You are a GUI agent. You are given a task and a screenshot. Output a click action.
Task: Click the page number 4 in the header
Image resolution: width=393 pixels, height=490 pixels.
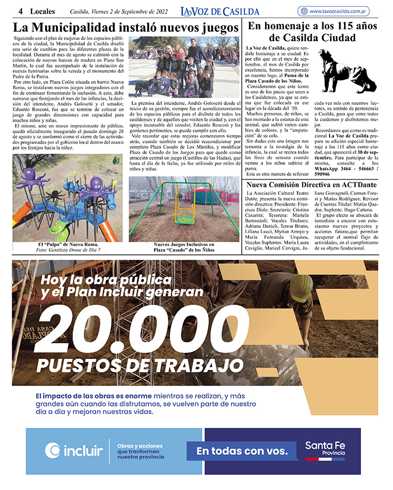point(20,11)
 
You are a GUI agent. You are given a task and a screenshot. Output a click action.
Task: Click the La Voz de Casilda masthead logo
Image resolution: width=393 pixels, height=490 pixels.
point(220,11)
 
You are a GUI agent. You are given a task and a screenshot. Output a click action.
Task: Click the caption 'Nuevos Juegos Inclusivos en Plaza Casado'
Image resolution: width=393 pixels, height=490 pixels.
point(184,248)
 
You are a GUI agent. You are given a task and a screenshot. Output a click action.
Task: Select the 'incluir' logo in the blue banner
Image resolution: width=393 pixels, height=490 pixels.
point(74,450)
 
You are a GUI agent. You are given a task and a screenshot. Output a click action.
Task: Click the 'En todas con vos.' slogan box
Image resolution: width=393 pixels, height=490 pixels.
point(242,451)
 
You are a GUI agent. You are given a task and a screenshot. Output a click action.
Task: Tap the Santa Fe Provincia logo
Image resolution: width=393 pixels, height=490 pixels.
point(325,450)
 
